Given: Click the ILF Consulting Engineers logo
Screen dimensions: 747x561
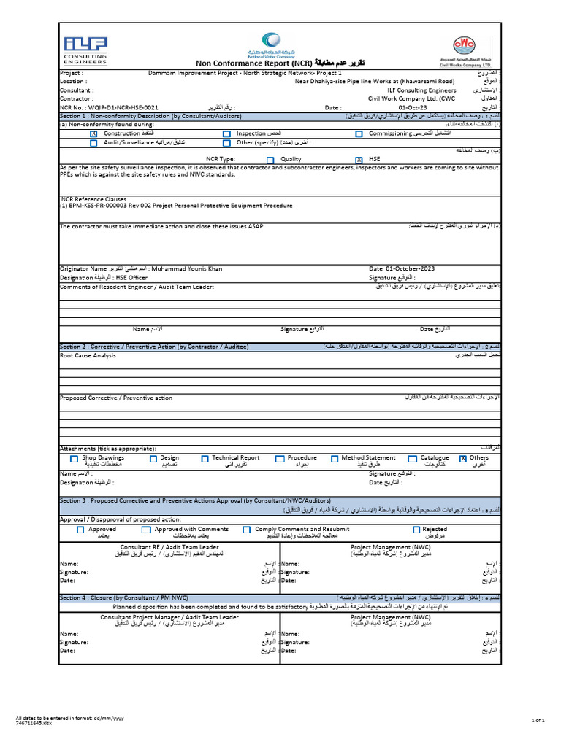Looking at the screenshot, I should pyautogui.click(x=85, y=50).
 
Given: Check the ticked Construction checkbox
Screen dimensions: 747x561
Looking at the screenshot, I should pyautogui.click(x=93, y=134).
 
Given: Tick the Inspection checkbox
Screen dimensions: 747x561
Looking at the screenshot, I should pyautogui.click(x=226, y=134).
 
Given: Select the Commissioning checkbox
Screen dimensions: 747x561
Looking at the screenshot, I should pyautogui.click(x=359, y=134).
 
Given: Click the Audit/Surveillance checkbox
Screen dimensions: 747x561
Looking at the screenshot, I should pyautogui.click(x=93, y=143).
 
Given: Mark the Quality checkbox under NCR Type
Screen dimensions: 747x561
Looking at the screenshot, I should pyautogui.click(x=270, y=160).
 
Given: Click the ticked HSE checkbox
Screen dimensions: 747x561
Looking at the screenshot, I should pyautogui.click(x=358, y=160).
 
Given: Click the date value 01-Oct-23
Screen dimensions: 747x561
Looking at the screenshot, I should pyautogui.click(x=393, y=107).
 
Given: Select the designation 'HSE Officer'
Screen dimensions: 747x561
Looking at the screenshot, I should pyautogui.click(x=133, y=278).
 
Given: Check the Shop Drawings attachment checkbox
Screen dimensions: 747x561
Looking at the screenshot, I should pyautogui.click(x=74, y=459).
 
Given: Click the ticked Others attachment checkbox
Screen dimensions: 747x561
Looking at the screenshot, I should pyautogui.click(x=463, y=459).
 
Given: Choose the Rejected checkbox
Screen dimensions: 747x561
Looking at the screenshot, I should pyautogui.click(x=416, y=530).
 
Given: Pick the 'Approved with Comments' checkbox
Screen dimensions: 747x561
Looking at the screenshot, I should pyautogui.click(x=146, y=530).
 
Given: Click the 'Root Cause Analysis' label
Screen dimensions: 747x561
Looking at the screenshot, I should pyautogui.click(x=88, y=355).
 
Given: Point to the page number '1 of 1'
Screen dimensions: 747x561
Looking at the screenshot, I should pyautogui.click(x=539, y=720).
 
